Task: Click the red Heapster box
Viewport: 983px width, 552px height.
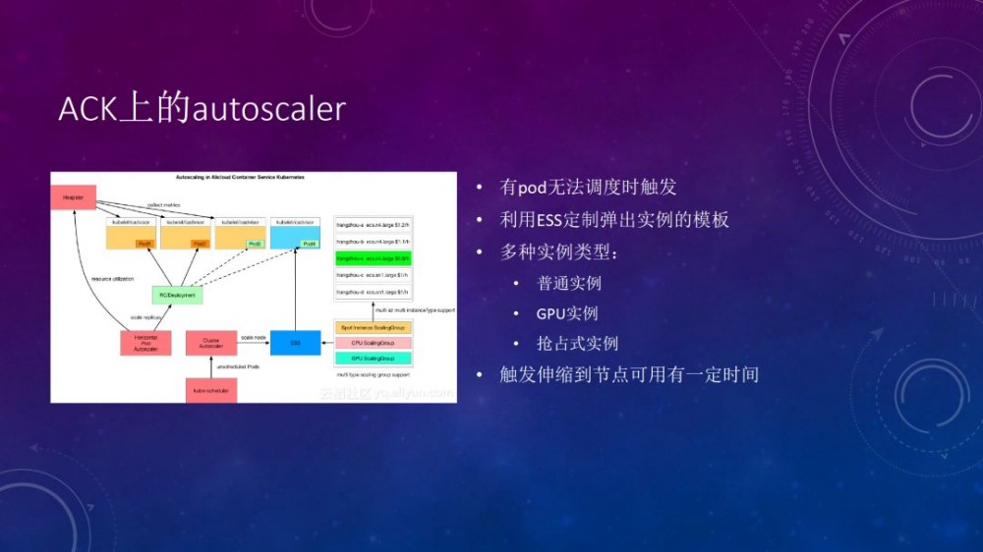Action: pyautogui.click(x=74, y=196)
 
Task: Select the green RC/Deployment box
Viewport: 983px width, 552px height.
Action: pyautogui.click(x=178, y=295)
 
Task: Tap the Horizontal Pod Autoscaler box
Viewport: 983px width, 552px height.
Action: pyautogui.click(x=145, y=343)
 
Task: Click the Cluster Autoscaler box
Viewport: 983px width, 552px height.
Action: pyautogui.click(x=211, y=343)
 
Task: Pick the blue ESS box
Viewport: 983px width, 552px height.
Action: pyautogui.click(x=296, y=343)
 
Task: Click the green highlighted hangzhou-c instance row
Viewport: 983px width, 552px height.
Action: pyautogui.click(x=373, y=258)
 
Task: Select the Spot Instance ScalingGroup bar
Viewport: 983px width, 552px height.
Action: pyautogui.click(x=374, y=326)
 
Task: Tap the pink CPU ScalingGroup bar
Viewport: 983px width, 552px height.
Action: pyautogui.click(x=374, y=343)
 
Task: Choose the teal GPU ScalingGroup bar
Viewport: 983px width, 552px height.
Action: pyautogui.click(x=374, y=359)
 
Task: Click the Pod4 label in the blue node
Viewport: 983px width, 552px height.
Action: pyautogui.click(x=310, y=244)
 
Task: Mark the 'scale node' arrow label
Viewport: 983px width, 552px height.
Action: pyautogui.click(x=254, y=337)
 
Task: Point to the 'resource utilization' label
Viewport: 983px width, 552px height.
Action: pyautogui.click(x=113, y=279)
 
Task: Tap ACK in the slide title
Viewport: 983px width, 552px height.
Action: pyautogui.click(x=87, y=109)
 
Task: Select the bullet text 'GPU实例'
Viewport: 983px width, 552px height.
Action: pyautogui.click(x=567, y=314)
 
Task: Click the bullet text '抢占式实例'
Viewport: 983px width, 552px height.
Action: pyautogui.click(x=577, y=344)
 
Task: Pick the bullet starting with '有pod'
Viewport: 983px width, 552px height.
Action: pyautogui.click(x=588, y=187)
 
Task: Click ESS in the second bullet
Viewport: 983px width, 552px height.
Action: pyautogui.click(x=550, y=220)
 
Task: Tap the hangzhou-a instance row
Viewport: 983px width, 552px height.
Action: pyautogui.click(x=373, y=225)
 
